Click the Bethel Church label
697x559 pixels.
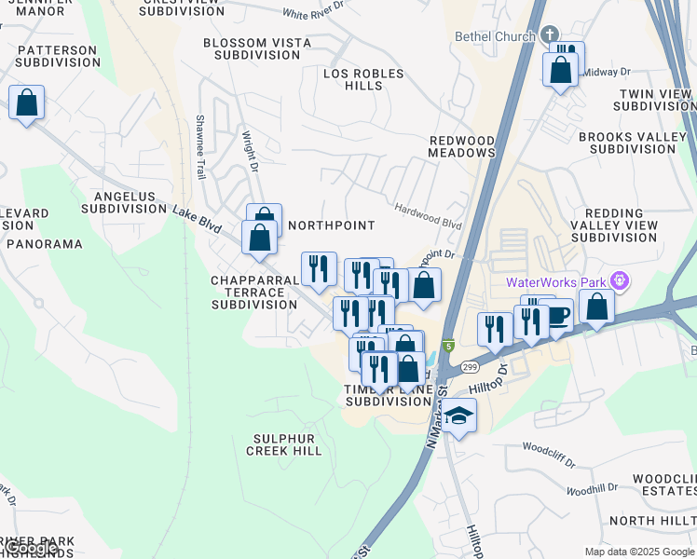[x=495, y=36]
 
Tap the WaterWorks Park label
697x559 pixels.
[x=556, y=282]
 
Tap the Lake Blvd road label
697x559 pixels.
[x=197, y=220]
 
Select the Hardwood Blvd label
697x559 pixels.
[x=427, y=217]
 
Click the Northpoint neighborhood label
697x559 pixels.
[x=331, y=225]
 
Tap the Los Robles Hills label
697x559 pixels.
[x=363, y=79]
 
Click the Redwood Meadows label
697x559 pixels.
[x=461, y=146]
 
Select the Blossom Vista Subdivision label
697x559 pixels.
[x=252, y=49]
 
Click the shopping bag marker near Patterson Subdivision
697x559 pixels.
[x=27, y=102]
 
